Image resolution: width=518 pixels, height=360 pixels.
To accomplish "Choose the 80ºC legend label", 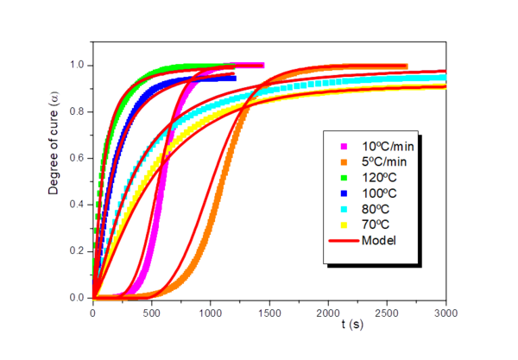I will pyautogui.click(x=375, y=208).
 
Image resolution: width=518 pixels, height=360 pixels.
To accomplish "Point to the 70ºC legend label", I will pyautogui.click(x=375, y=224).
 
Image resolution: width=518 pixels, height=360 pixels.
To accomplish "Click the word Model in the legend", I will pyautogui.click(x=379, y=239).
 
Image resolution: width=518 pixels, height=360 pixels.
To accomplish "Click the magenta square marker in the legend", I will pyautogui.click(x=344, y=145).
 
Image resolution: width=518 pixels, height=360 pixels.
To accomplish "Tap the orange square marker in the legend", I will pyautogui.click(x=344, y=161).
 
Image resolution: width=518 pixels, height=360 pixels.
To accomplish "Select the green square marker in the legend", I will pyautogui.click(x=344, y=176).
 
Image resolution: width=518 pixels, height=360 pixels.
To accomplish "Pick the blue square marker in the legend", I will pyautogui.click(x=344, y=192).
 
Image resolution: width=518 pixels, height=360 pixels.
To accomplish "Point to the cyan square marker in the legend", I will pyautogui.click(x=344, y=208).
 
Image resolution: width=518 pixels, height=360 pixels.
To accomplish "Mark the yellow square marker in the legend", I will pyautogui.click(x=344, y=224).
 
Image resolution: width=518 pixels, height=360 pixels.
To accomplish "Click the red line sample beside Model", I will pyautogui.click(x=344, y=240).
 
